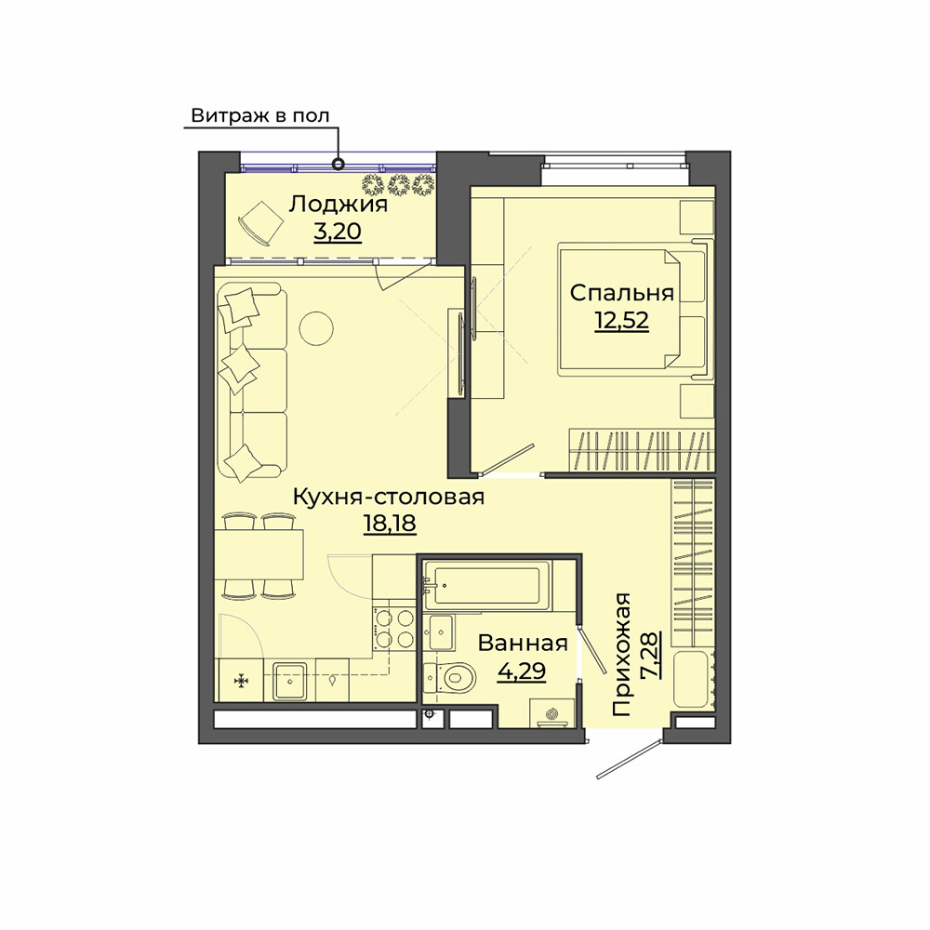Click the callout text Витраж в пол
coord(259,115)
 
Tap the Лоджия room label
coord(339,205)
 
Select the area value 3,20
coord(338,232)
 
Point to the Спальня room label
coord(621,293)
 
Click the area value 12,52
coord(621,321)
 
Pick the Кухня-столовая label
coord(389,497)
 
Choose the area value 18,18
coord(390,524)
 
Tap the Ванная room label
coord(523,644)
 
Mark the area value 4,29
coord(522,671)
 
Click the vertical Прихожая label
coord(621,654)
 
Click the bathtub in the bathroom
coord(487,585)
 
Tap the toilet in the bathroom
coord(451,676)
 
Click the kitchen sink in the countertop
coord(289,681)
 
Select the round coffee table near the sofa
coord(316,328)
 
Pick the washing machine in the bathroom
coord(552,713)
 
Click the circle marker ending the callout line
coord(339,163)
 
